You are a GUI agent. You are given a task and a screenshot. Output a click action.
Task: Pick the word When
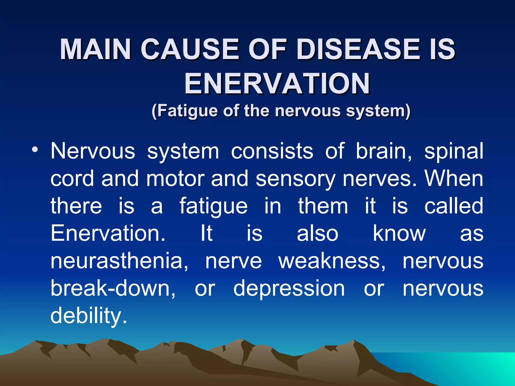click(454, 178)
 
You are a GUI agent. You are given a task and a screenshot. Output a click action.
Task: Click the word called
click(454, 206)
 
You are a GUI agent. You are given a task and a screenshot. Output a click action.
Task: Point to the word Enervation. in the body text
click(108, 233)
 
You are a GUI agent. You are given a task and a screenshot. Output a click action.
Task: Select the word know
click(399, 233)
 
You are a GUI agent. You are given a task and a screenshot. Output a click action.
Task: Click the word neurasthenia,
click(119, 261)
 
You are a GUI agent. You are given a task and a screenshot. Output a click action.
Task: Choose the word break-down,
click(113, 288)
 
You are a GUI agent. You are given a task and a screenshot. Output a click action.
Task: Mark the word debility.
click(89, 316)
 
